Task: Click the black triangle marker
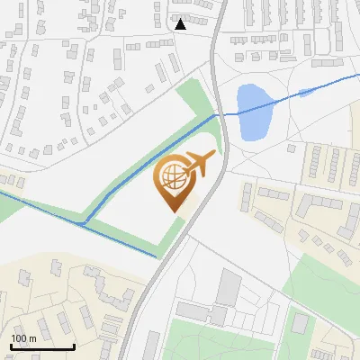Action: pos(181,24)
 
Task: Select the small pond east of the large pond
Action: pos(307,92)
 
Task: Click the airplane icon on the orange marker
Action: pos(202,163)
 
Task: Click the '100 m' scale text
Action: pos(23,338)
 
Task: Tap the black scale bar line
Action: pos(42,346)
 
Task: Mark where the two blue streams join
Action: pos(82,223)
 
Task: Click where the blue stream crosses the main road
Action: pos(217,115)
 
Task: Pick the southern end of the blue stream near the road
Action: pos(157,257)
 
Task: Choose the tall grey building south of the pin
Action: pos(229,287)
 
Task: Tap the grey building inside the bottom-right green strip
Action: pos(300,320)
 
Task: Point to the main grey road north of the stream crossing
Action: pos(216,63)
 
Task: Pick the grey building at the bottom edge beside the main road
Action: pos(151,346)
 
